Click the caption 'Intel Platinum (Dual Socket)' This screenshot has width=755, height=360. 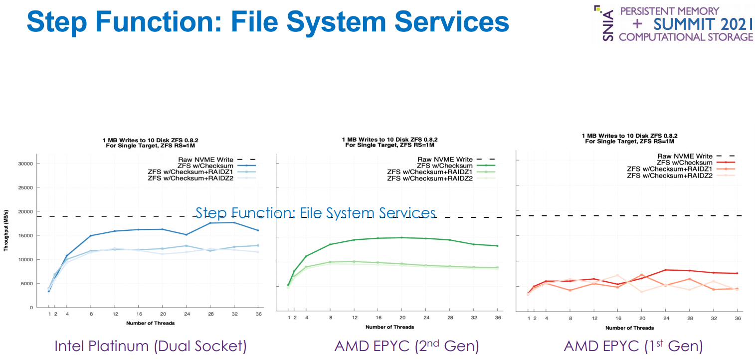(x=150, y=346)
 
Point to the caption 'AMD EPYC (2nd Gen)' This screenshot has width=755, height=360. (x=406, y=346)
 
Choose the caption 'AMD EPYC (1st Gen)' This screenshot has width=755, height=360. (x=633, y=346)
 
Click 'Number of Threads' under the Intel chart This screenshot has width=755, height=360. (x=150, y=323)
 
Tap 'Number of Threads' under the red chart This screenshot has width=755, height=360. (x=629, y=328)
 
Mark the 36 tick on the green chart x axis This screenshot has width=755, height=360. (x=497, y=318)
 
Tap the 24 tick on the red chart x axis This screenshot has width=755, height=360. (x=665, y=318)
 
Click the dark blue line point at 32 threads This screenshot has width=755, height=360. (x=233, y=222)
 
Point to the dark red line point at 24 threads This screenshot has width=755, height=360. (x=665, y=270)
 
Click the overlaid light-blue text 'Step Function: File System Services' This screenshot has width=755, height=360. (x=315, y=213)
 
